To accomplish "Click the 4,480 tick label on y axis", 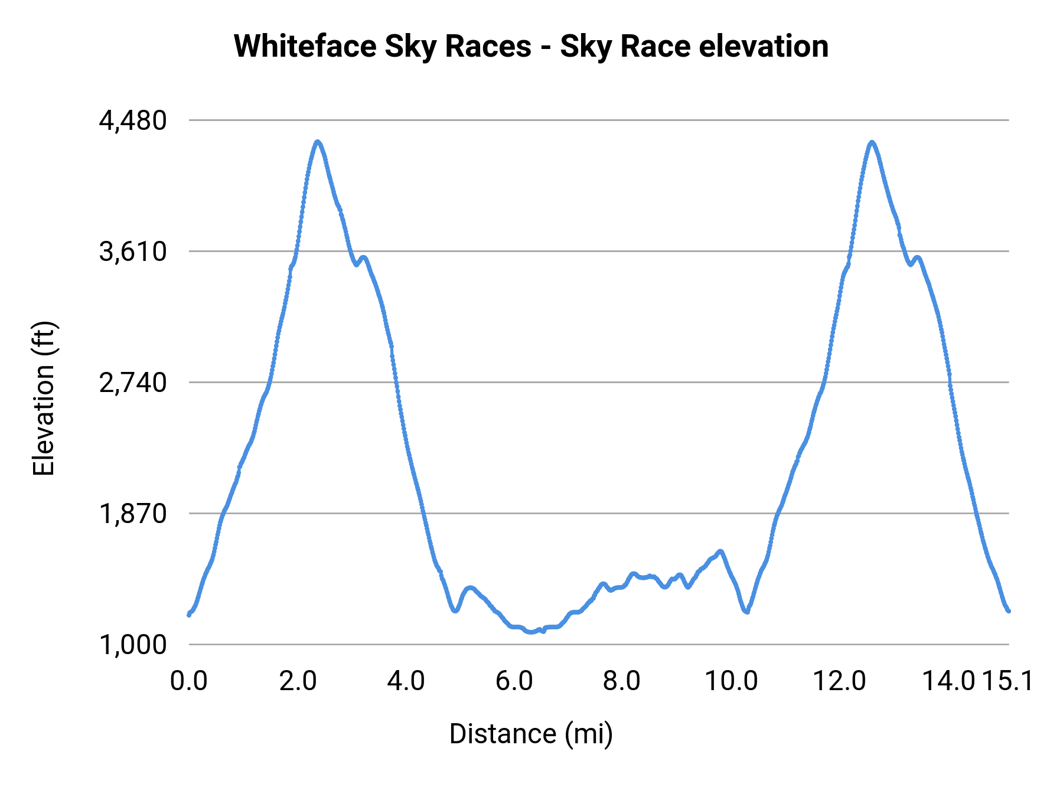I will point(133,121).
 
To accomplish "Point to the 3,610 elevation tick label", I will point(133,252).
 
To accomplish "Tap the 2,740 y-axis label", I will point(133,383).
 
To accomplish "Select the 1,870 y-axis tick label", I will point(133,514).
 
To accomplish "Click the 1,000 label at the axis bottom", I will point(133,645).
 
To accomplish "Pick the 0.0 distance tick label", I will point(189,681).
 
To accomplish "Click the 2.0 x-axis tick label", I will point(298,681).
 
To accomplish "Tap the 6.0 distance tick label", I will point(514,681).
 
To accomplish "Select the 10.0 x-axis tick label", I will point(732,681).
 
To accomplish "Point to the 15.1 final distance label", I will point(1007,681).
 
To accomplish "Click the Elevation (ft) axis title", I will point(44,398).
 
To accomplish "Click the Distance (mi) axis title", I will point(531,734).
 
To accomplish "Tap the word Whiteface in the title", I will point(305,46).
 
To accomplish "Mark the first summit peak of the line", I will point(318,142).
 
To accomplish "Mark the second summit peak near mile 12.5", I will point(872,142).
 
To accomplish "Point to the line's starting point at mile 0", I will point(189,614).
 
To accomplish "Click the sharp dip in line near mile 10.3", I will point(746,612).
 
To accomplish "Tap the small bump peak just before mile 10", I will point(720,551).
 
